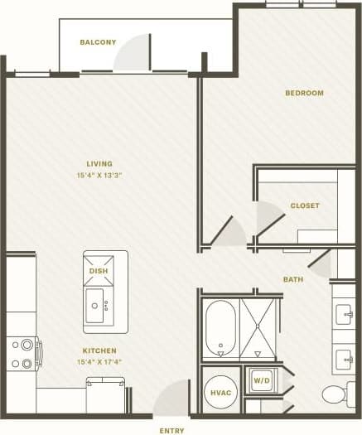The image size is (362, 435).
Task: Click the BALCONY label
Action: pos(98,42)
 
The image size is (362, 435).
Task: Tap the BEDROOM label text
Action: pos(304,93)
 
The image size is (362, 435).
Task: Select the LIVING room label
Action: pos(99,164)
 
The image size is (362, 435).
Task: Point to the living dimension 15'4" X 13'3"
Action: pos(99,176)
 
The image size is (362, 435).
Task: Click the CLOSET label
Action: pos(305,205)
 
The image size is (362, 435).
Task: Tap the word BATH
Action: pos(293,280)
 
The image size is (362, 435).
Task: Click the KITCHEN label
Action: pos(99,350)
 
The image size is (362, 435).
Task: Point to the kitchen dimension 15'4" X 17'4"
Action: pos(99,362)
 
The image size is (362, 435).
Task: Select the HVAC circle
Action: pos(220,391)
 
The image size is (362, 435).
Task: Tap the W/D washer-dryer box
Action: pos(262,381)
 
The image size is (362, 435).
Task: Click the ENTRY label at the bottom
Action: pos(171,430)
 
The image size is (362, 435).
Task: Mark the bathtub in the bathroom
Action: pos(220,328)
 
